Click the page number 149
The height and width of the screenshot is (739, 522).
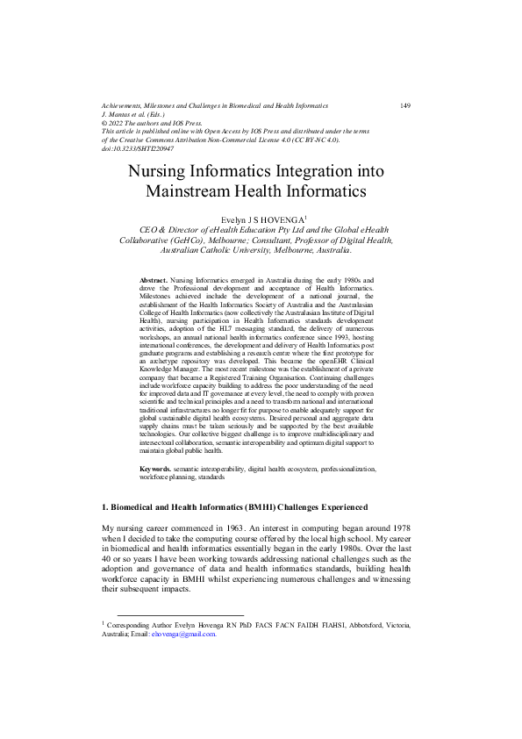[x=405, y=105]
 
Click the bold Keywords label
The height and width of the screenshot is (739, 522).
[x=156, y=470]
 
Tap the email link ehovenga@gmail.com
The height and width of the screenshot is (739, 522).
[x=183, y=633]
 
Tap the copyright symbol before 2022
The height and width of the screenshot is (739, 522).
[x=105, y=123]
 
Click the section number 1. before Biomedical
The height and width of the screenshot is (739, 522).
[x=105, y=508]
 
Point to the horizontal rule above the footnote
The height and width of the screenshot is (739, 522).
[x=173, y=613]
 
